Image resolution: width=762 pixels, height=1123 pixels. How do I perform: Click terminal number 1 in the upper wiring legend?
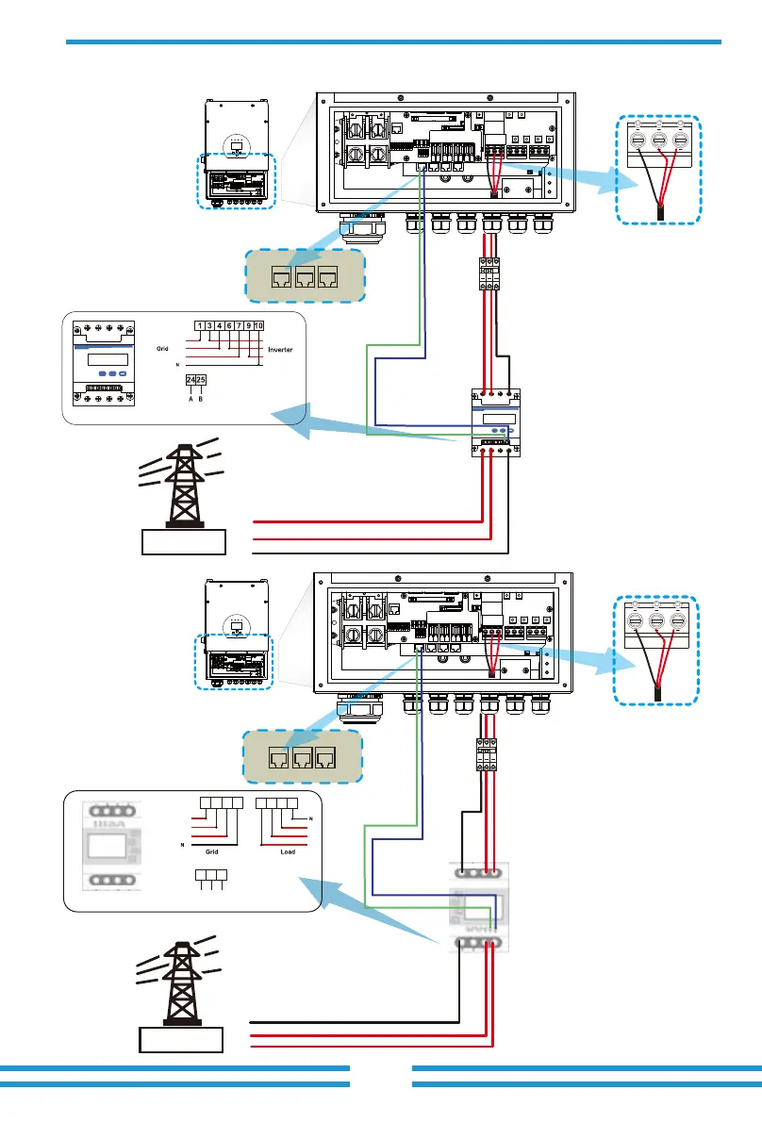point(200,326)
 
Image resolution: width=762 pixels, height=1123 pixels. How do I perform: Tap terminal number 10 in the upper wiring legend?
point(259,326)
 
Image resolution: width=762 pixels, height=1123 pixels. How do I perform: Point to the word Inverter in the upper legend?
point(280,349)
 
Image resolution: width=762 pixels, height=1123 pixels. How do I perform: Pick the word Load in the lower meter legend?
point(289,849)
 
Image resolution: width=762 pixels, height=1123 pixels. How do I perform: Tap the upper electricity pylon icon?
point(182,484)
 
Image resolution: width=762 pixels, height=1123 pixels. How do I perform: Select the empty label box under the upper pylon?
point(184,542)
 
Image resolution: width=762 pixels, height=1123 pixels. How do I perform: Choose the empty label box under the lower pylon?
point(181,1041)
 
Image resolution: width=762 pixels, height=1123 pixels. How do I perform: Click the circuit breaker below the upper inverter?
point(489,273)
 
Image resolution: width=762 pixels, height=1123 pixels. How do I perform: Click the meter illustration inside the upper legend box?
point(101,362)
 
